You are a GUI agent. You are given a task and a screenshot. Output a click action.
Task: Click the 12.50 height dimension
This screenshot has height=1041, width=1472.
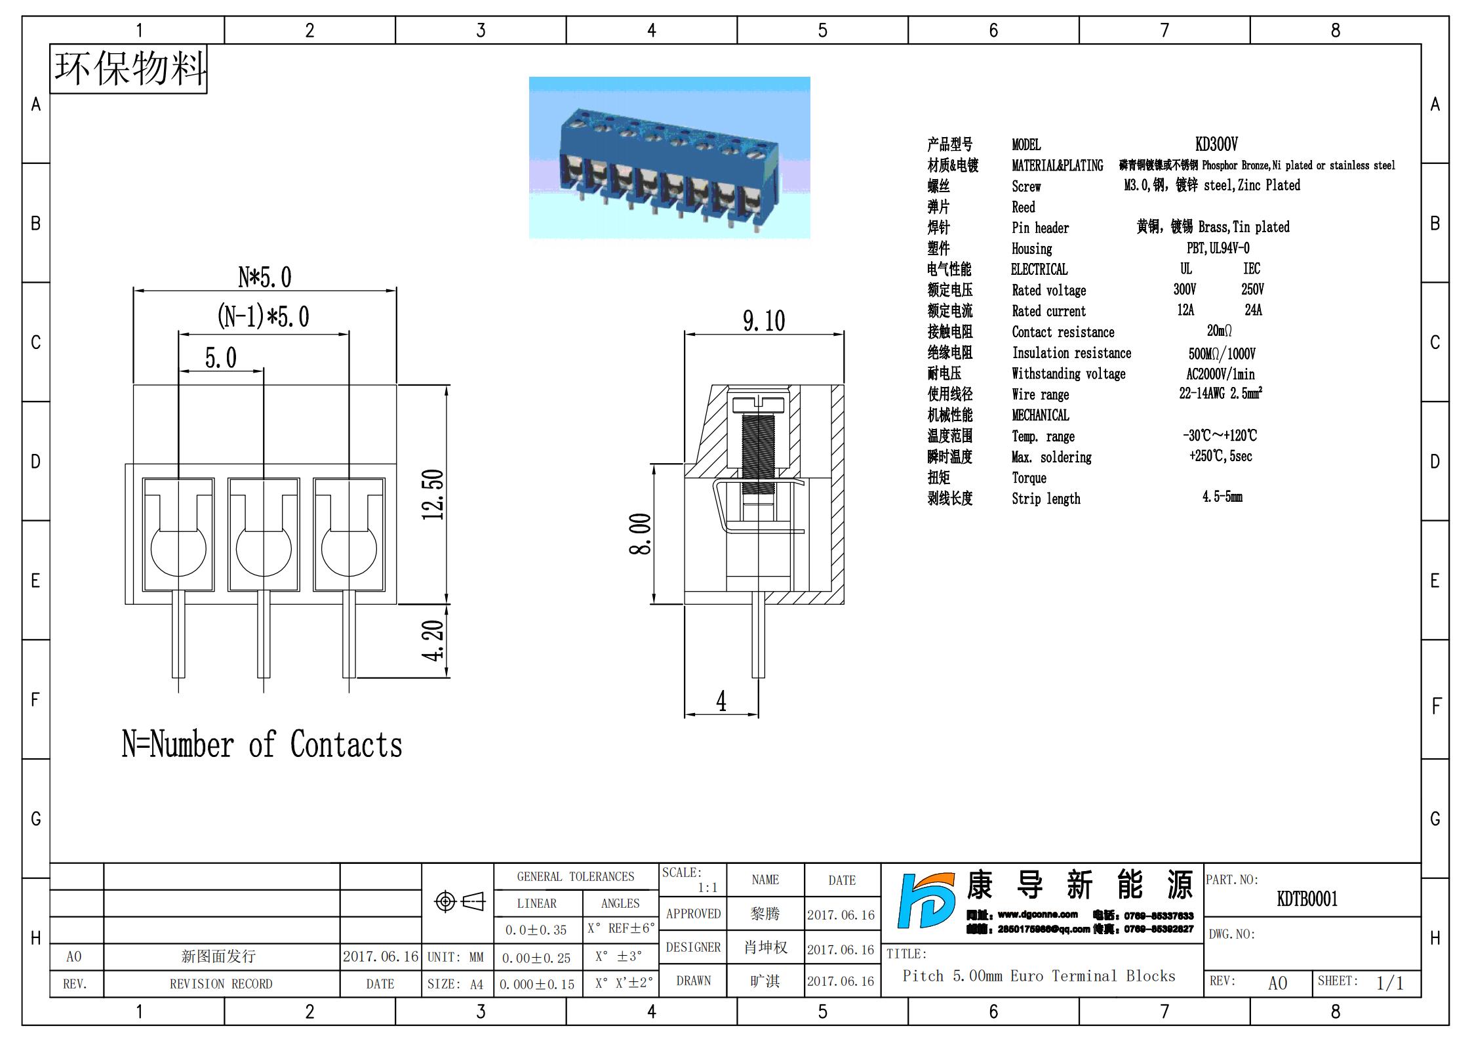[x=433, y=494]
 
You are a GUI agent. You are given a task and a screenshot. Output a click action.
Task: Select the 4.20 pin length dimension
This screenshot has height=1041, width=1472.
[x=433, y=640]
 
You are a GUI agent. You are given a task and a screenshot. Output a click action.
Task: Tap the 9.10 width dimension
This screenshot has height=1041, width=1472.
[x=764, y=321]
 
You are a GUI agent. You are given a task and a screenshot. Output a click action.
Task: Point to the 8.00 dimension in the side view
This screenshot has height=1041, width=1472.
[x=640, y=533]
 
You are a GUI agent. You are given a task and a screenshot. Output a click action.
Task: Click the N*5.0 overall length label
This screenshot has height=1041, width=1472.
[x=264, y=277]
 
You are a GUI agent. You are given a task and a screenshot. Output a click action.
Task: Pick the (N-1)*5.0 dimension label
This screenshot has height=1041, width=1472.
[x=263, y=316]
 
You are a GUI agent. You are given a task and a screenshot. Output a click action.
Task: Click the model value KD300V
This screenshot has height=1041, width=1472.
[x=1216, y=144]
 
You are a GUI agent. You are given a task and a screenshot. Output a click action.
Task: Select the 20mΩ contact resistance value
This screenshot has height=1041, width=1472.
[x=1219, y=331]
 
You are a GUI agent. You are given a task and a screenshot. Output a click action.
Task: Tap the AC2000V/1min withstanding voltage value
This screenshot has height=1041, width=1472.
[x=1220, y=374]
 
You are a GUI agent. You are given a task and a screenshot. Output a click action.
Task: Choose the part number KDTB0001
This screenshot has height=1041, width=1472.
[x=1307, y=899]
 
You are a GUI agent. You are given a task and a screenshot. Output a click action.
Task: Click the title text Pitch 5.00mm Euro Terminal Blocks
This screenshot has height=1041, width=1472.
[x=1039, y=976]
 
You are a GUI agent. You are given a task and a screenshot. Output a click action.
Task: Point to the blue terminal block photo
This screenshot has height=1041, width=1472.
[x=669, y=157]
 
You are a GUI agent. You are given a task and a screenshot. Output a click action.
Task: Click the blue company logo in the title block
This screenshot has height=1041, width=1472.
[x=926, y=900]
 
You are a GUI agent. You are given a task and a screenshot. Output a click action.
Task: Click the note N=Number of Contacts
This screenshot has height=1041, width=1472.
[x=262, y=745]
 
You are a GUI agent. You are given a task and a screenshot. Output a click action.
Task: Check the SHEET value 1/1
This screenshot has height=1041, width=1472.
[x=1389, y=983]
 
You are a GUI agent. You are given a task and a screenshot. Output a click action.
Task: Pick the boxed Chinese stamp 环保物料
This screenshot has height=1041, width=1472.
[x=129, y=68]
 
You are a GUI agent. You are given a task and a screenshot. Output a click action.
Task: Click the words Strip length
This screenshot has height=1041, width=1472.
[x=1046, y=499]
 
